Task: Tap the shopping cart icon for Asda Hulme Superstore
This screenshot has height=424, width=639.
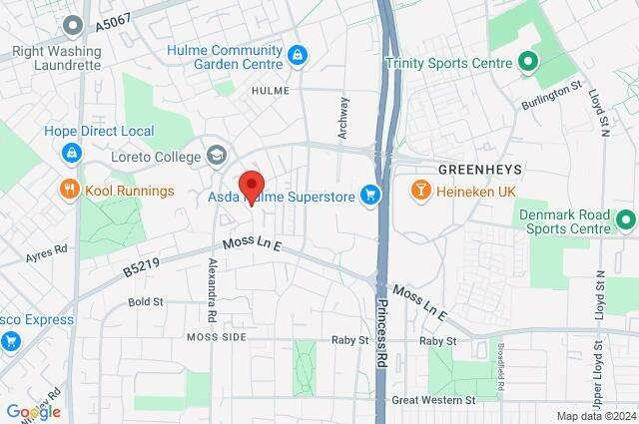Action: click(x=371, y=195)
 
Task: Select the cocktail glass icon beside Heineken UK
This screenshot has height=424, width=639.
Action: click(x=423, y=190)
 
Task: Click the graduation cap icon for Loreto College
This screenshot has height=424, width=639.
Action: click(x=216, y=155)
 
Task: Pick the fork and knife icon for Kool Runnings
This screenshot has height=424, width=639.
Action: click(x=70, y=190)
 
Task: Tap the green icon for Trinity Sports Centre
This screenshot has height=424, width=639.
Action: click(x=528, y=64)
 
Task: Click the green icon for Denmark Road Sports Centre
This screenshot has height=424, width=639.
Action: click(x=626, y=219)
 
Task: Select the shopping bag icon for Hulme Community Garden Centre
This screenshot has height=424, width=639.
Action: click(x=296, y=55)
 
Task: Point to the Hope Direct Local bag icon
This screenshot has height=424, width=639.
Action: click(x=70, y=153)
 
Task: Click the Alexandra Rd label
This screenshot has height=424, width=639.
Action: click(x=212, y=290)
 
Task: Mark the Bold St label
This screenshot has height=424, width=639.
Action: click(x=146, y=301)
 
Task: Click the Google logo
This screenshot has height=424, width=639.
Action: click(x=32, y=411)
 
